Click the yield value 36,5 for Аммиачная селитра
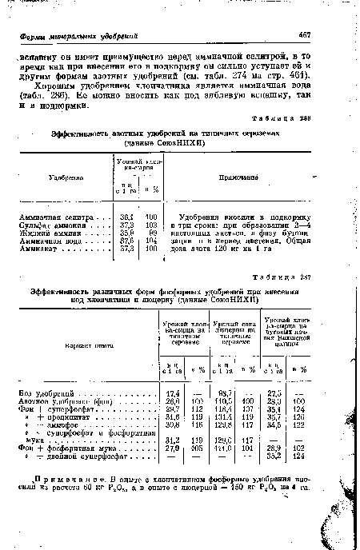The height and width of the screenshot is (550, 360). (126, 217)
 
